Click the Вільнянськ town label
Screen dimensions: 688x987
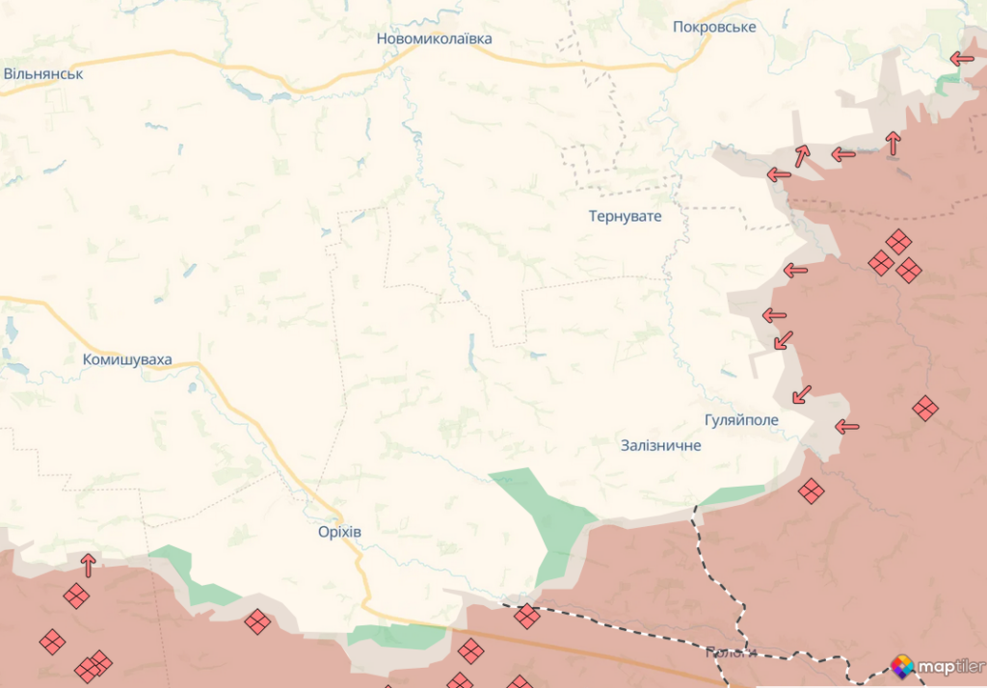point(43,73)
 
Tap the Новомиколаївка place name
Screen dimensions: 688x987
point(434,39)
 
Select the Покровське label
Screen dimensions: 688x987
point(714,27)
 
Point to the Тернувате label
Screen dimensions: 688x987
point(626,216)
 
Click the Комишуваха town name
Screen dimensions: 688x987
point(127,359)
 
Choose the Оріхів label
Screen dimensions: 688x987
point(339,531)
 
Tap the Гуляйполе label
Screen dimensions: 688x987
point(741,420)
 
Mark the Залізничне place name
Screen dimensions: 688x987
point(661,445)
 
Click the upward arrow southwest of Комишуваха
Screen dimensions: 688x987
point(89,565)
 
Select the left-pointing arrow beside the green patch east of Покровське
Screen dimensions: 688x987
point(961,59)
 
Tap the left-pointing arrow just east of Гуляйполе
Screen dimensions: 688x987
point(846,427)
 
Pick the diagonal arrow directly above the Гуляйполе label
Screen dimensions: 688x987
point(801,394)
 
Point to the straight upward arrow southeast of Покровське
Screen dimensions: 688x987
point(893,143)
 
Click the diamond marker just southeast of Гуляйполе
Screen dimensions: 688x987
point(811,491)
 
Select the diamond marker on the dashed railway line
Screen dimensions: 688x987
point(526,616)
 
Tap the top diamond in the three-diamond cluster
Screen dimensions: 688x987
point(898,242)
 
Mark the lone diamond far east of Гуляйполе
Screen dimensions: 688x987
point(924,409)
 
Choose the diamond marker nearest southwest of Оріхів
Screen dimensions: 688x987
point(257,622)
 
